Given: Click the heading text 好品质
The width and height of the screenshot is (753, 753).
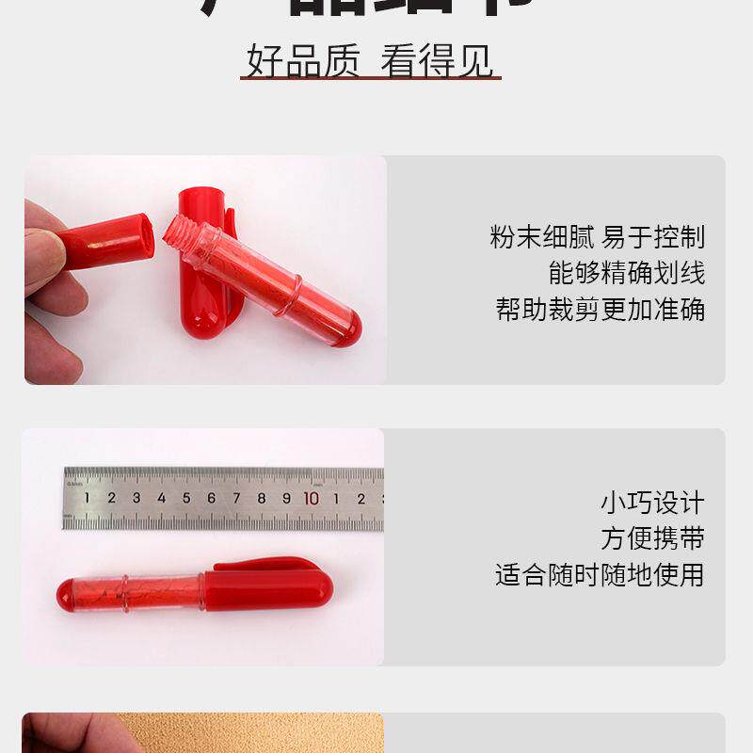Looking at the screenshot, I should [303, 61].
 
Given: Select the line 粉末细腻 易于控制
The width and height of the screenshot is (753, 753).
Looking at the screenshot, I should [597, 236].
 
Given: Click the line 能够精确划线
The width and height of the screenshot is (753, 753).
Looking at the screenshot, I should [626, 273].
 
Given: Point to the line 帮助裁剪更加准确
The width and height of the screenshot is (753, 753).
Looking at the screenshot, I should [600, 309].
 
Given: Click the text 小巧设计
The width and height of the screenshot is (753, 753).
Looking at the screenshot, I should [651, 503].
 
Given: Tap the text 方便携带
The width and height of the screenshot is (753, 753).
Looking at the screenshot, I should [651, 538].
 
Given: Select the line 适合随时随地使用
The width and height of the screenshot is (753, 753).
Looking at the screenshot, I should [600, 574].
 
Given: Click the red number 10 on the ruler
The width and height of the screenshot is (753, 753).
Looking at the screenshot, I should [311, 498].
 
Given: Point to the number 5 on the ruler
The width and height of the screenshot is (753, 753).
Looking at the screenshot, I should [186, 498].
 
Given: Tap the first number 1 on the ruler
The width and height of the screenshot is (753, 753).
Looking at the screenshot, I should [87, 498].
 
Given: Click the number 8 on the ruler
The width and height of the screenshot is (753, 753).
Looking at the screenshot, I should [261, 498].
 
